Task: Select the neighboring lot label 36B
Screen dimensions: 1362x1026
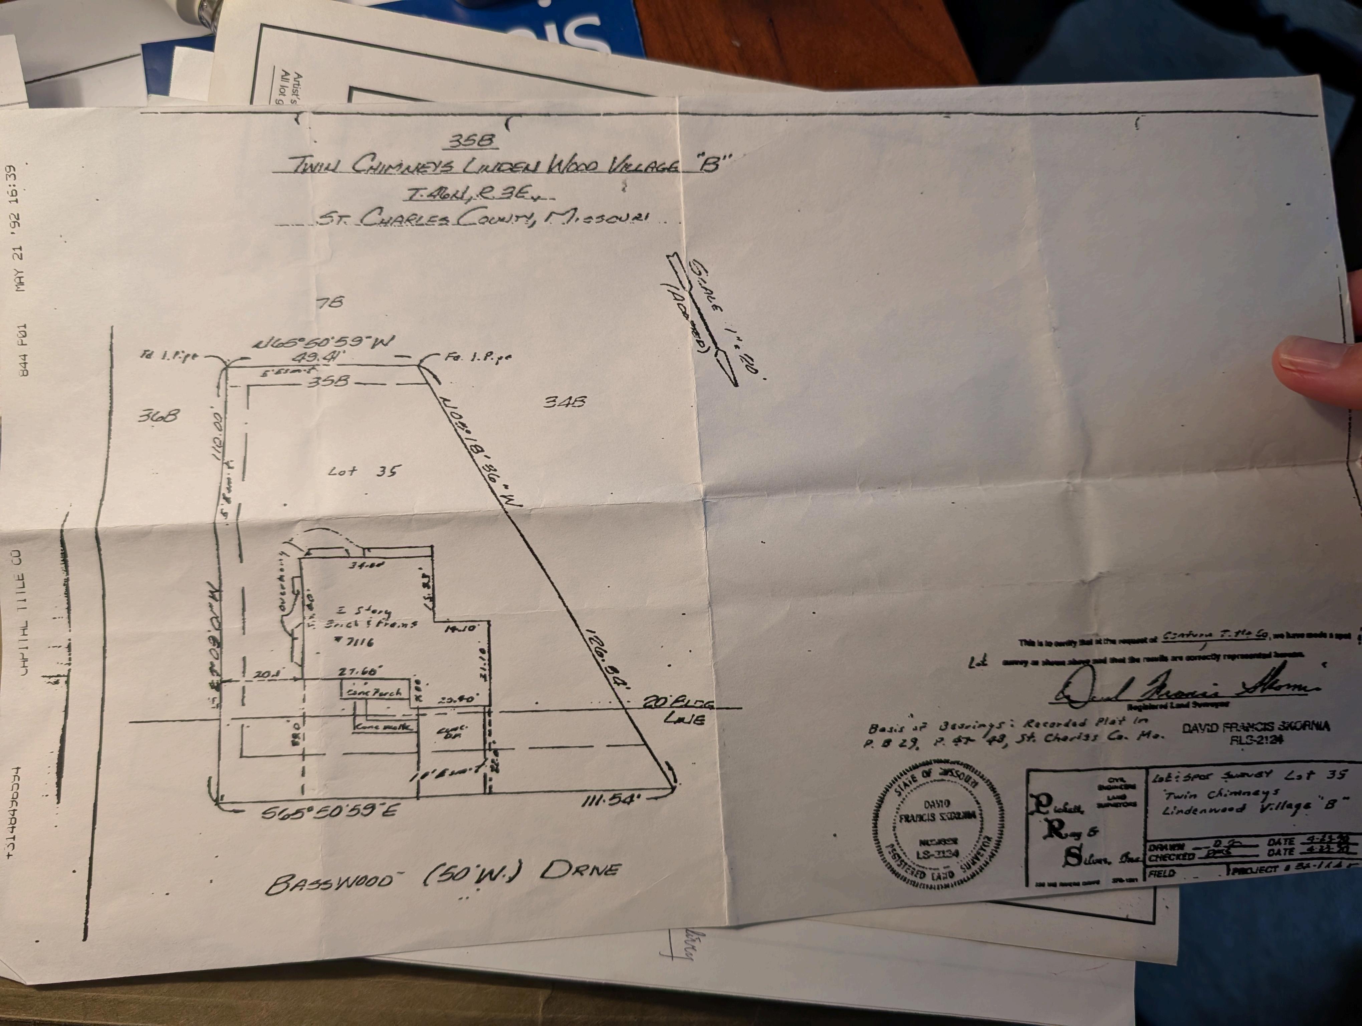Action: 158,416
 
